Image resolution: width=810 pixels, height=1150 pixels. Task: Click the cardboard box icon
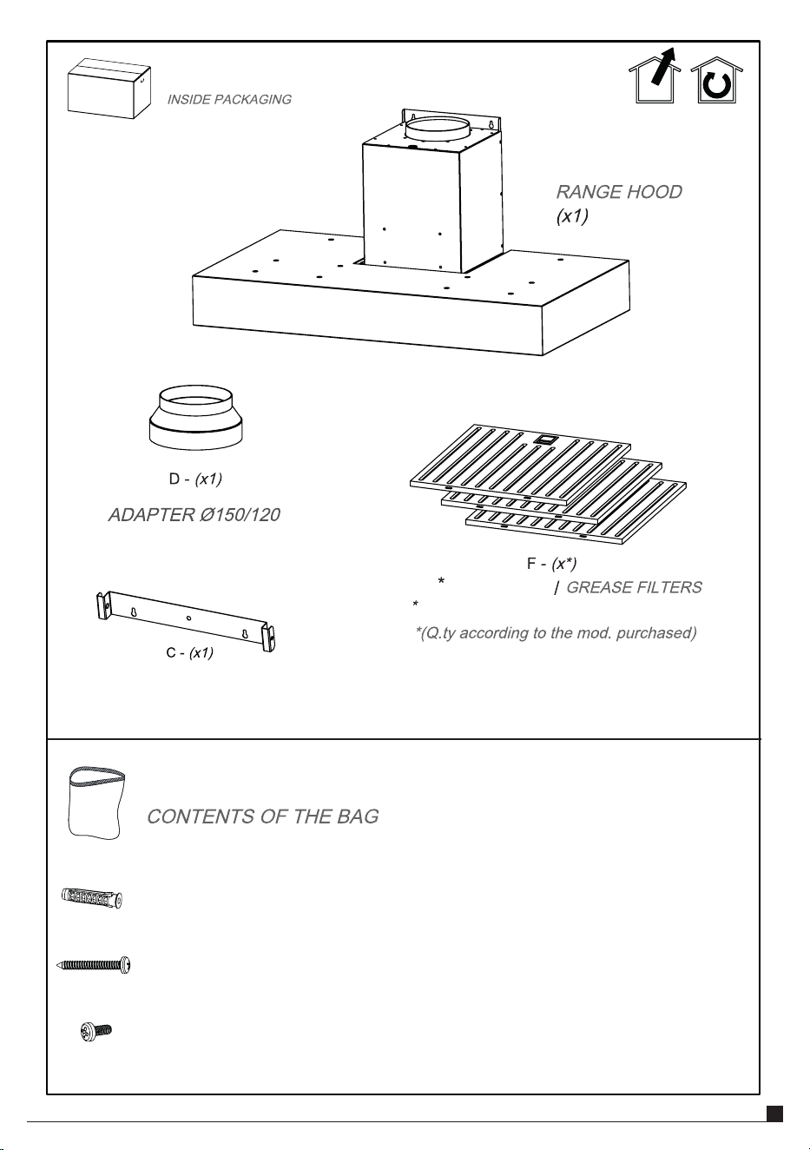point(109,89)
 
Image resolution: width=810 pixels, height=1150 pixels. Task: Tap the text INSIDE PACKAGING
point(229,100)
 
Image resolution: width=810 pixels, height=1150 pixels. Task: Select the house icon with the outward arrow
point(655,76)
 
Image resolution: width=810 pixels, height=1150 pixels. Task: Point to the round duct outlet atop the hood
point(437,129)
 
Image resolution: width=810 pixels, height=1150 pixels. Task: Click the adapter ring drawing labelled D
point(195,419)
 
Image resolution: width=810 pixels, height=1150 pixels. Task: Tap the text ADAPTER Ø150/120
point(194,515)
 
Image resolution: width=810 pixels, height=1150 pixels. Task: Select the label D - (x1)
point(195,479)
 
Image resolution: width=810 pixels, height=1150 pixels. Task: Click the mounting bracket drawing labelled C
point(186,621)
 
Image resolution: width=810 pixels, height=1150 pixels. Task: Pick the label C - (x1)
point(189,653)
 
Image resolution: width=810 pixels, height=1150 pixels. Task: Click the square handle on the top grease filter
point(543,439)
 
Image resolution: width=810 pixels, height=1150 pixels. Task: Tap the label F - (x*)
point(552,564)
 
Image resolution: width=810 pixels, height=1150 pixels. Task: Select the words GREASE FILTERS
point(634,587)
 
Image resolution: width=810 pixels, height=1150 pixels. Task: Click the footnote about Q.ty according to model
point(556,632)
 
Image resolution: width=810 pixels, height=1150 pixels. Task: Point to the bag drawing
point(96,803)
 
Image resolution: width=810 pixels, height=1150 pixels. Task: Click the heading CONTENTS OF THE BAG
point(263,816)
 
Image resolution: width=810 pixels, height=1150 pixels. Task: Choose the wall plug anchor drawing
point(92,898)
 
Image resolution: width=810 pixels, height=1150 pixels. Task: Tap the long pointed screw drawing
point(94,965)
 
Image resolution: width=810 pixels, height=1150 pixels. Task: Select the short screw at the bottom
point(96,1031)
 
